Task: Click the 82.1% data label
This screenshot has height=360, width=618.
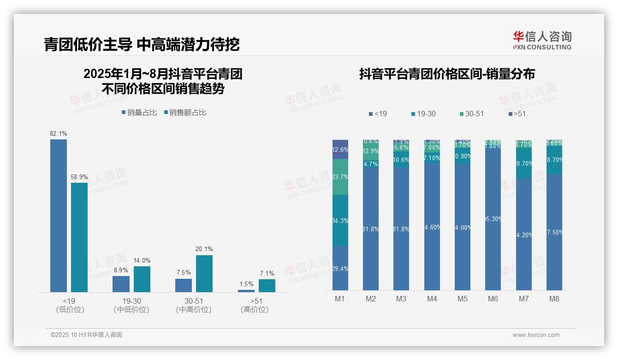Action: (59, 134)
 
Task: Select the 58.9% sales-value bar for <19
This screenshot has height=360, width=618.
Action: (79, 237)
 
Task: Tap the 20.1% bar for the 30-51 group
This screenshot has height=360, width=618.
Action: (204, 273)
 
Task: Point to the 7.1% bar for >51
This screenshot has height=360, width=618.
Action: (267, 285)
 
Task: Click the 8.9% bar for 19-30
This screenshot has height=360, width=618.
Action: (121, 284)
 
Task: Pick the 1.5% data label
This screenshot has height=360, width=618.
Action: (246, 284)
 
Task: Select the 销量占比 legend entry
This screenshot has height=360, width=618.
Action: (139, 113)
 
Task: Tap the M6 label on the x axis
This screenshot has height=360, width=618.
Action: (493, 299)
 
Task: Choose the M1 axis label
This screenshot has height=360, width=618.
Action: (340, 299)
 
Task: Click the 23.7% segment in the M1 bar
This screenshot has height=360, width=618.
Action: (340, 177)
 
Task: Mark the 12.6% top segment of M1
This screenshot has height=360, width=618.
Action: (340, 149)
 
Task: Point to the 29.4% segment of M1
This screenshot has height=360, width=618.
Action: (340, 268)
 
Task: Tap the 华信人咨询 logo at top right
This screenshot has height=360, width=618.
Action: (542, 41)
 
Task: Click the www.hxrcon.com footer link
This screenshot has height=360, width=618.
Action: (536, 335)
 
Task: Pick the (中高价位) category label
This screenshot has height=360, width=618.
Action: (194, 310)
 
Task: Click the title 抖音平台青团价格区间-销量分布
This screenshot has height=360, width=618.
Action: (447, 74)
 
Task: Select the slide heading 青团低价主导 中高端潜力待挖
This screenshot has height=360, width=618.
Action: (142, 45)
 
